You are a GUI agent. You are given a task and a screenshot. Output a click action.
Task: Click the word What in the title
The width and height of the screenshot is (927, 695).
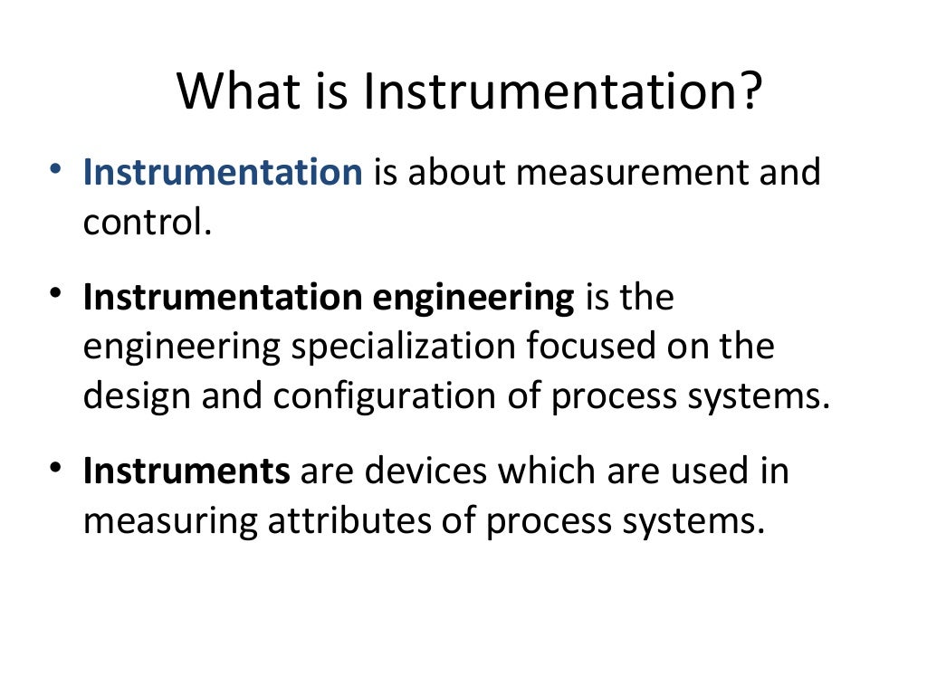point(232,92)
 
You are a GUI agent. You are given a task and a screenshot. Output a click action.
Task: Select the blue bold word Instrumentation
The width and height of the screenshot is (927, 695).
point(222,172)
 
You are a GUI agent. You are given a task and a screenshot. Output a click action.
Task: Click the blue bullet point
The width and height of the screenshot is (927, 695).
point(57,169)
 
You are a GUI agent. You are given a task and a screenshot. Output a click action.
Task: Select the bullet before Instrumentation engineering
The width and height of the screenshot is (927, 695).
point(57,295)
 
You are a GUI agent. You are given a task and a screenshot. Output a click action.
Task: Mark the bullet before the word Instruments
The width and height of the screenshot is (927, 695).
point(57,468)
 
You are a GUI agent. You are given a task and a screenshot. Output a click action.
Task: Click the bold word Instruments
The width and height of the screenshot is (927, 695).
point(186,472)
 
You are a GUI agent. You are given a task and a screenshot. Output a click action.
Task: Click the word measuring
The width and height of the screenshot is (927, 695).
point(169,522)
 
